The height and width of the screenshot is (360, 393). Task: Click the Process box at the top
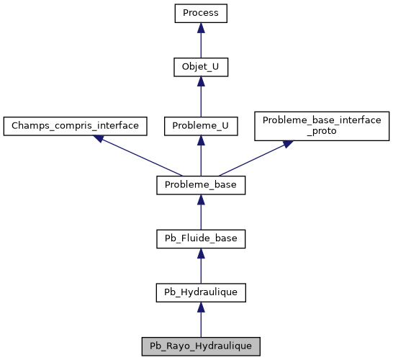[201, 14]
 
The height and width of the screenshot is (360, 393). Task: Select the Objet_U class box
[201, 68]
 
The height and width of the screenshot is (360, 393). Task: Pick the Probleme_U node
[201, 125]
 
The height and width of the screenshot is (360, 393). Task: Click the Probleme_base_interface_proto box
[322, 125]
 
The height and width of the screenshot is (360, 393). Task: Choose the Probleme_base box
[201, 185]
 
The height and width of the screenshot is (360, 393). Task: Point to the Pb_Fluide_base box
[201, 238]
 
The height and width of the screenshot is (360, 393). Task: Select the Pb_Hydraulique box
[201, 292]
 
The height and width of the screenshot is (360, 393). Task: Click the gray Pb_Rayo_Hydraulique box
[201, 346]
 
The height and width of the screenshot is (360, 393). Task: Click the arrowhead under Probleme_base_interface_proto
[286, 144]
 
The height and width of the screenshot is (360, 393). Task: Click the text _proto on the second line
[322, 132]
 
